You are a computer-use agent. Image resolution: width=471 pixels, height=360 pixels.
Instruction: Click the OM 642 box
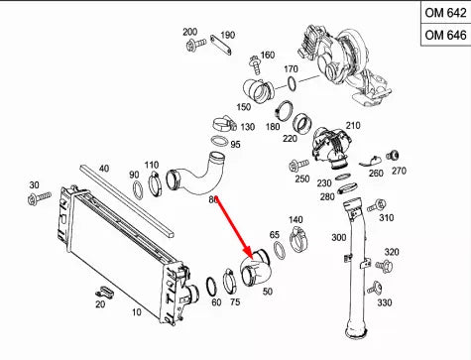(x=444, y=13)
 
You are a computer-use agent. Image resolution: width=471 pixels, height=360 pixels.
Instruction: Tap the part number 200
(x=190, y=32)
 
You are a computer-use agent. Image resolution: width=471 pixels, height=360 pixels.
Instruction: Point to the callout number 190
(x=227, y=35)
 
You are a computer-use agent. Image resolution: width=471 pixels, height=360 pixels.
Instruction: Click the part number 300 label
(x=339, y=238)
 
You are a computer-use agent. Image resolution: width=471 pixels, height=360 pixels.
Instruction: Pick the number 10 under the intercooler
(x=136, y=312)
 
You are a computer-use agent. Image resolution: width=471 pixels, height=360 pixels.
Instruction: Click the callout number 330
(x=384, y=302)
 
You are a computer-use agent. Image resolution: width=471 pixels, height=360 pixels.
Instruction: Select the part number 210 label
(x=353, y=128)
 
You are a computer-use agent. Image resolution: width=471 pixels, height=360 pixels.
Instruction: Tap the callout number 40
(x=104, y=169)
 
